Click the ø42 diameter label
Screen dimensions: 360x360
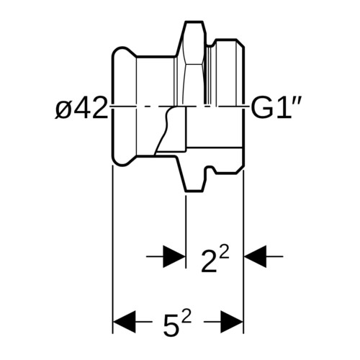tap(81, 109)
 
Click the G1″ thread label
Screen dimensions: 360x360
tap(275, 109)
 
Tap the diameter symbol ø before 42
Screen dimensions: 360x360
tap(63, 110)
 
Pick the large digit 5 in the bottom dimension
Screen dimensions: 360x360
tap(171, 325)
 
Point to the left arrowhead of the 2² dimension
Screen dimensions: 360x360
tap(174, 256)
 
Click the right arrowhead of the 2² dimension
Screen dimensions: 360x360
tap(255, 256)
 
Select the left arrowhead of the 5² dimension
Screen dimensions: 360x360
tap(125, 322)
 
